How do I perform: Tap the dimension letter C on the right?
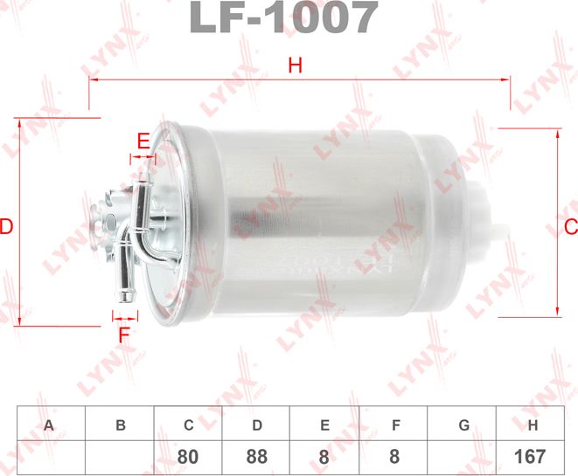[569, 226]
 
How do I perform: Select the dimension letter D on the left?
[7, 227]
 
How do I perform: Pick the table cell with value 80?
[188, 456]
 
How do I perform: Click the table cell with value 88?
[257, 456]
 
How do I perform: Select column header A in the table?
[50, 425]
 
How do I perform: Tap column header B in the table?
[120, 425]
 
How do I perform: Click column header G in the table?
[463, 425]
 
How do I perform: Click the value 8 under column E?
[324, 456]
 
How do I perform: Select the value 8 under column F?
[394, 456]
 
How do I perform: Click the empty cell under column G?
[463, 456]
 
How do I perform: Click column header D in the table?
[257, 425]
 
